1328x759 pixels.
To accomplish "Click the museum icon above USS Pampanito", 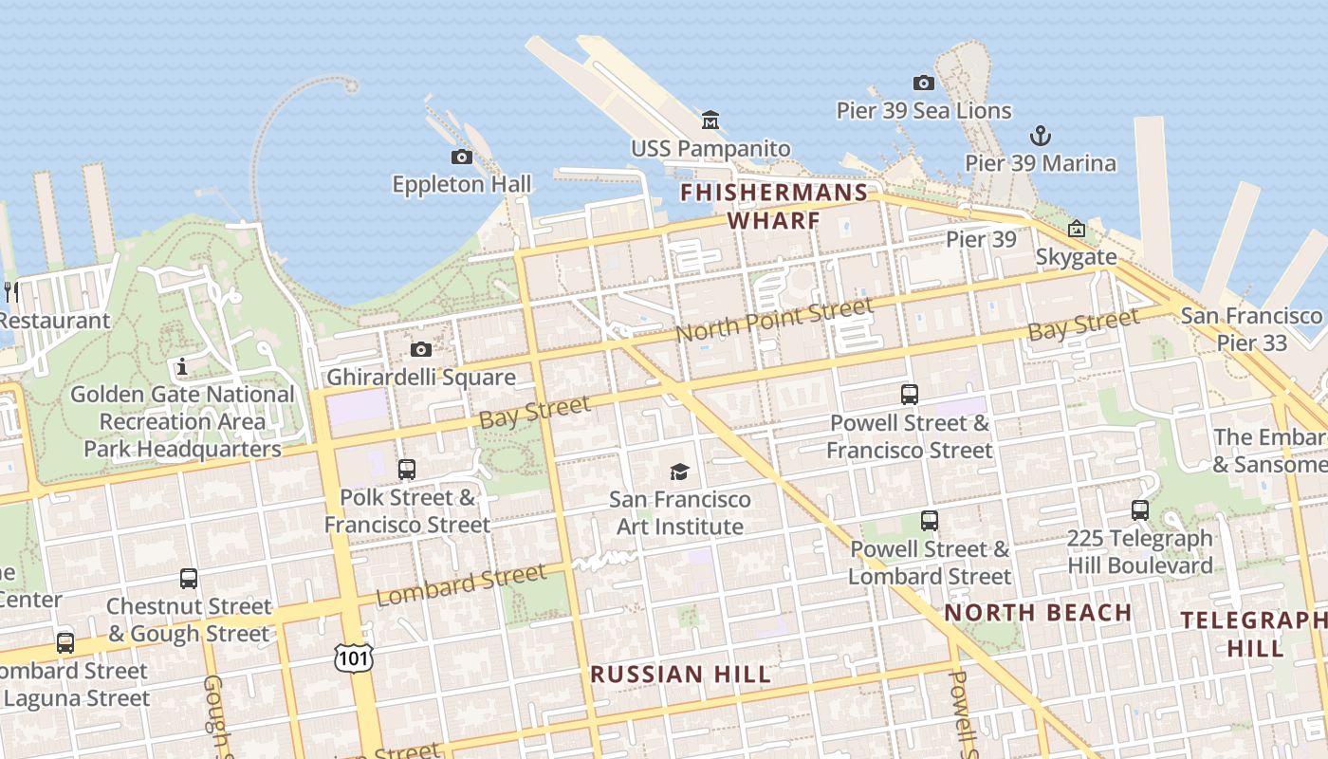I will [x=710, y=120].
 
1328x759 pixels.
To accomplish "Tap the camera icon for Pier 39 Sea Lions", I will [x=923, y=83].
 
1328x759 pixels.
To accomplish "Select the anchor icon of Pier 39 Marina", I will [x=1041, y=136].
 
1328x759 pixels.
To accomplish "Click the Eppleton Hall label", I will [x=462, y=184].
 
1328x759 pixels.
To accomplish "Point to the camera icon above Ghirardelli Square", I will [x=421, y=349].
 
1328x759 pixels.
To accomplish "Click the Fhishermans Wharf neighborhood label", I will [x=774, y=207].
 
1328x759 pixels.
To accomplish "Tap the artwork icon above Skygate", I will [x=1076, y=229].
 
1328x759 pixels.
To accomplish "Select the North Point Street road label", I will [x=773, y=321].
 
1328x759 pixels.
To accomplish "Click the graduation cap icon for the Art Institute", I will [x=679, y=472].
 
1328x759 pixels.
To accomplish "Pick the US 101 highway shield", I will [x=353, y=657].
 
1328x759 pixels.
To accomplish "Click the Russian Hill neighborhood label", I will [x=680, y=675].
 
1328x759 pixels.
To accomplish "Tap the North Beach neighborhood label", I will [x=1038, y=613].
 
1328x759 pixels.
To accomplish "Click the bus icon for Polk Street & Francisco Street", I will [x=407, y=469].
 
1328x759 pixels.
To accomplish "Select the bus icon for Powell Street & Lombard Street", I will [x=930, y=521].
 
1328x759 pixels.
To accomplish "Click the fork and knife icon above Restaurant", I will [x=11, y=291].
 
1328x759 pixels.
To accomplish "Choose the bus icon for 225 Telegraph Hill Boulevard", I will [x=1140, y=510].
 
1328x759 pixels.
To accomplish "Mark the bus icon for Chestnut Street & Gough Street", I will [x=189, y=579].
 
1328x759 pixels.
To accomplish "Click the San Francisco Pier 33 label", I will [x=1251, y=329].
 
